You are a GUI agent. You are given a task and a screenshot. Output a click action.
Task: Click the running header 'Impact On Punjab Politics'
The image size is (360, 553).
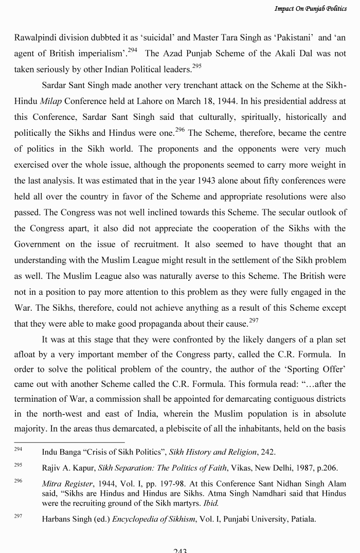[310, 9]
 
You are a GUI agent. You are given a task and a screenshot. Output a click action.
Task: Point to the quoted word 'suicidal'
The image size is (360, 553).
[158, 38]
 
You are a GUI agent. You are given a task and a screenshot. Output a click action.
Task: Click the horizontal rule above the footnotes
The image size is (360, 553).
[69, 442]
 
